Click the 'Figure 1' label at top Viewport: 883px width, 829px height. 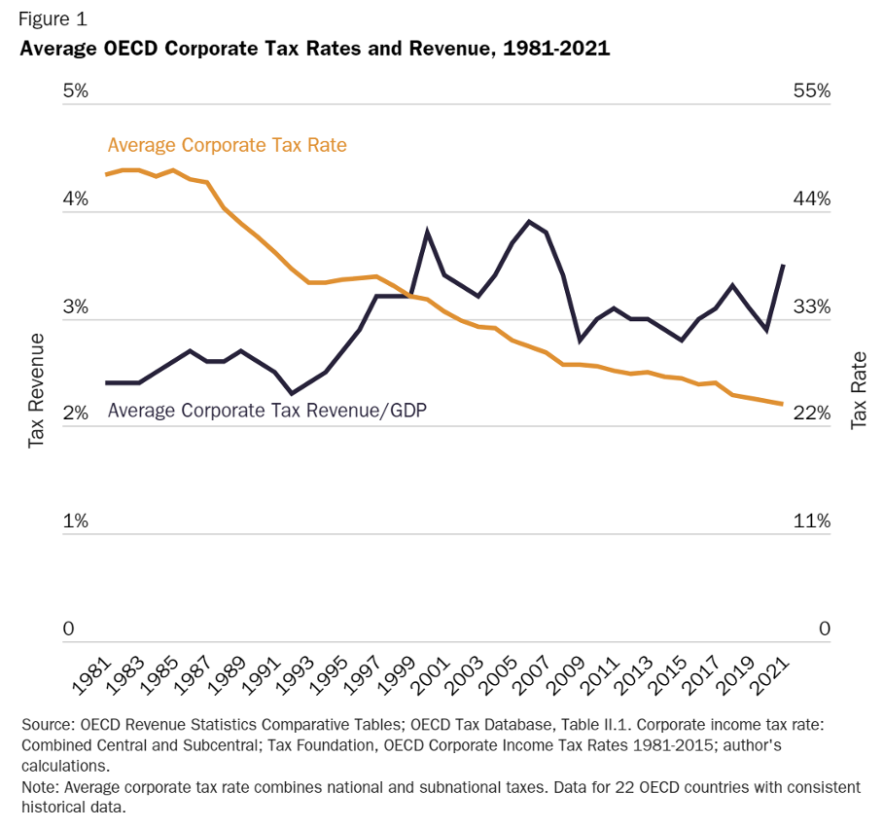pyautogui.click(x=53, y=18)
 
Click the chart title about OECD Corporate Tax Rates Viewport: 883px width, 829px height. pyautogui.click(x=314, y=49)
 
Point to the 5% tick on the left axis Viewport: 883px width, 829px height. pyautogui.click(x=76, y=91)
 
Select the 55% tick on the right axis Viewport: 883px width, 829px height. pyautogui.click(x=811, y=91)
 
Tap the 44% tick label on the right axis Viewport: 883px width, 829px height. pyautogui.click(x=811, y=199)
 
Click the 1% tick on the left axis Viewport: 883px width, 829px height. pyautogui.click(x=76, y=522)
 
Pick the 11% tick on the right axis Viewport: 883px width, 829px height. pyautogui.click(x=811, y=522)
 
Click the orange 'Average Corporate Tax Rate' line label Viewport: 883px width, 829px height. pyautogui.click(x=227, y=145)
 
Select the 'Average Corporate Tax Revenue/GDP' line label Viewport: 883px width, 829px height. pyautogui.click(x=267, y=410)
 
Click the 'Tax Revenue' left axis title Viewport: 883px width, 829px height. pyautogui.click(x=36, y=389)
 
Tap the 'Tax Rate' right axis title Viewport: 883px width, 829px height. pyautogui.click(x=859, y=389)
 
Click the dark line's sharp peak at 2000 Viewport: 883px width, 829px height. pyautogui.click(x=427, y=232)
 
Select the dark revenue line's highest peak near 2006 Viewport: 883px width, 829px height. pyautogui.click(x=528, y=221)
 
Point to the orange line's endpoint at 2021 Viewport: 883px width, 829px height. pyautogui.click(x=783, y=404)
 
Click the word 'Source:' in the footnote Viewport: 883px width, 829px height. pyautogui.click(x=46, y=726)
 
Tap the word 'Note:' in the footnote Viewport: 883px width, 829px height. pyautogui.click(x=39, y=786)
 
